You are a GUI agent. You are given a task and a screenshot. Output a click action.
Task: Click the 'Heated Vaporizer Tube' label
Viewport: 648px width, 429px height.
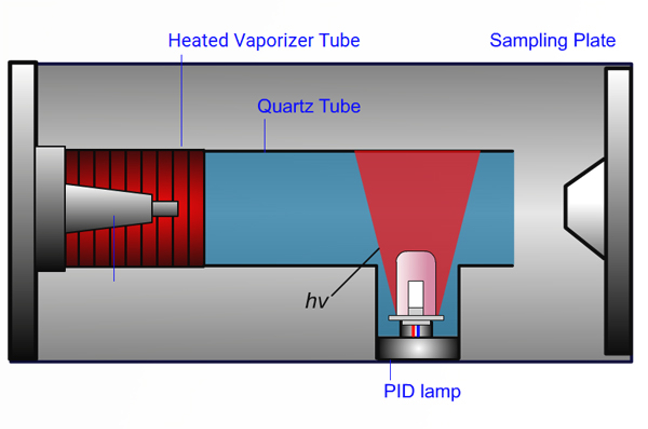point(264,40)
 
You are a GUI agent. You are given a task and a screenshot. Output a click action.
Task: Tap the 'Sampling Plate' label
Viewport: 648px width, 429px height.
point(552,40)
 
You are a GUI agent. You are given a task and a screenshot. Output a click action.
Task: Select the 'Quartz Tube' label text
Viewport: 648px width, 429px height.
point(309,106)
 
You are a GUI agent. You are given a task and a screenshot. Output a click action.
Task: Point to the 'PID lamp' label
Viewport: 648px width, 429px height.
point(422,391)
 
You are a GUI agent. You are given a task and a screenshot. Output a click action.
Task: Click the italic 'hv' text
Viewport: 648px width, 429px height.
point(316,301)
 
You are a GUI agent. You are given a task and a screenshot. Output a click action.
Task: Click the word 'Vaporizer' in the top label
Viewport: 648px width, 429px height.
point(274,40)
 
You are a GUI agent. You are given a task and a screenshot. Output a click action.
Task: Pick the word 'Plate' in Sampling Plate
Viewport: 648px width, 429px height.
point(595,40)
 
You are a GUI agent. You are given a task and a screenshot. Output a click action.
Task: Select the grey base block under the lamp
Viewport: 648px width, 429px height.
point(418,348)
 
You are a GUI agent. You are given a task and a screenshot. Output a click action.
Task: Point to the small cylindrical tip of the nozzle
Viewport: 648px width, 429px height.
point(165,209)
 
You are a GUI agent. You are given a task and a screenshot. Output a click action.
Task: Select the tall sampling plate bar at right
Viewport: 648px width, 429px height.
point(618,210)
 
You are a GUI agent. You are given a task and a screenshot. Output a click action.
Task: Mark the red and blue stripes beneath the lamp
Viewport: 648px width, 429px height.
point(416,331)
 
